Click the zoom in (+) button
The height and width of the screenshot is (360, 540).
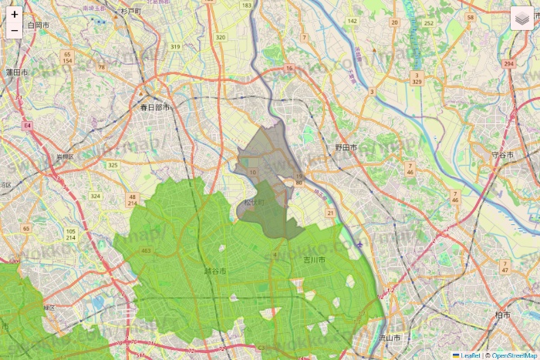tap(15, 14)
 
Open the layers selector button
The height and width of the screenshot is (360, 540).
tap(522, 19)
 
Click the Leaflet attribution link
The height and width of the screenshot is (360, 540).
tap(470, 355)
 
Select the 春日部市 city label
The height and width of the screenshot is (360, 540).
tap(154, 107)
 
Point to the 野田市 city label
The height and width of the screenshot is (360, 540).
tap(346, 146)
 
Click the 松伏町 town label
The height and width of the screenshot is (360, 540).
tap(254, 202)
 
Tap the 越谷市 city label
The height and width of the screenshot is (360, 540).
tap(214, 271)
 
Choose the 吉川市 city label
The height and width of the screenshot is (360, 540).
tap(314, 261)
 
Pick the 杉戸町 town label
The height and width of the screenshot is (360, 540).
tap(131, 12)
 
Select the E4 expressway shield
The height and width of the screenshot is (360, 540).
tap(28, 123)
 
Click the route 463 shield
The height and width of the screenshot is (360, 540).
tap(147, 251)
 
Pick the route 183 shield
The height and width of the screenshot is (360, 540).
tap(246, 5)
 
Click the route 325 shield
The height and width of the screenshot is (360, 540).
tap(113, 165)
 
